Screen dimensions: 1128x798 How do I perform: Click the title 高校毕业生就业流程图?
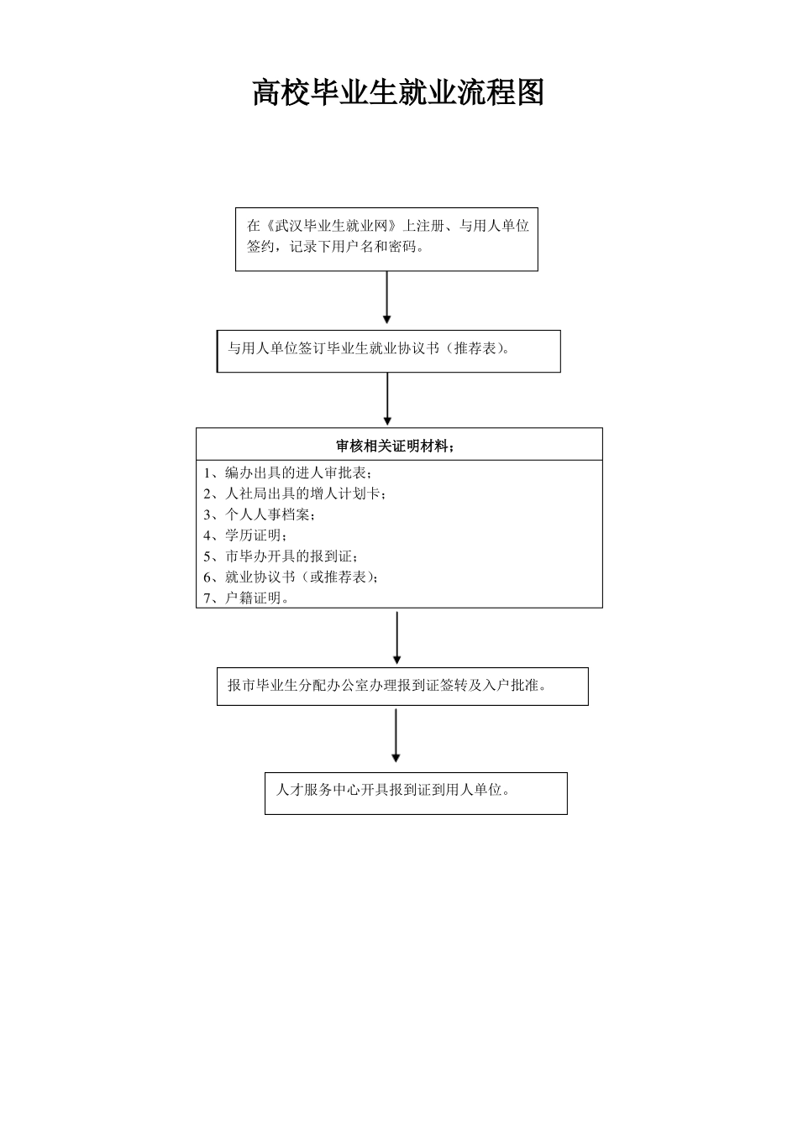pos(398,92)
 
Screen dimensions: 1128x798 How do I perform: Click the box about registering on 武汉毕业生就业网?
pos(386,238)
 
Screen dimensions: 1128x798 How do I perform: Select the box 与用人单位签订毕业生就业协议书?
pos(388,350)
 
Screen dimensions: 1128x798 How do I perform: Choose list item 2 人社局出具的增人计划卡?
pos(295,493)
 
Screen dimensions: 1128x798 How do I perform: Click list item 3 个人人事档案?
pos(260,514)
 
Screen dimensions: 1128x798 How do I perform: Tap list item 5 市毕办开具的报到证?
pos(281,556)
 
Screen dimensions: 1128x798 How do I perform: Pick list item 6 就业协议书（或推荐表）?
pos(291,577)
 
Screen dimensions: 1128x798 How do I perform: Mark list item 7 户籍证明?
pos(246,598)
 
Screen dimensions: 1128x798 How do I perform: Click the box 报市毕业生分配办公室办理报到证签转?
pos(402,686)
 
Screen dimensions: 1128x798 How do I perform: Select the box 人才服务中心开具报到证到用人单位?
pos(416,792)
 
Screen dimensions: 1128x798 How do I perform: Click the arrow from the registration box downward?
pos(386,297)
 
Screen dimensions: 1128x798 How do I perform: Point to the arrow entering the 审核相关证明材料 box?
pos(387,399)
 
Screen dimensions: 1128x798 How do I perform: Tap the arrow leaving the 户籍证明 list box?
pos(396,637)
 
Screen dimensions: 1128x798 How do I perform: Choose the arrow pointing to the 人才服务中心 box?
pos(396,736)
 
